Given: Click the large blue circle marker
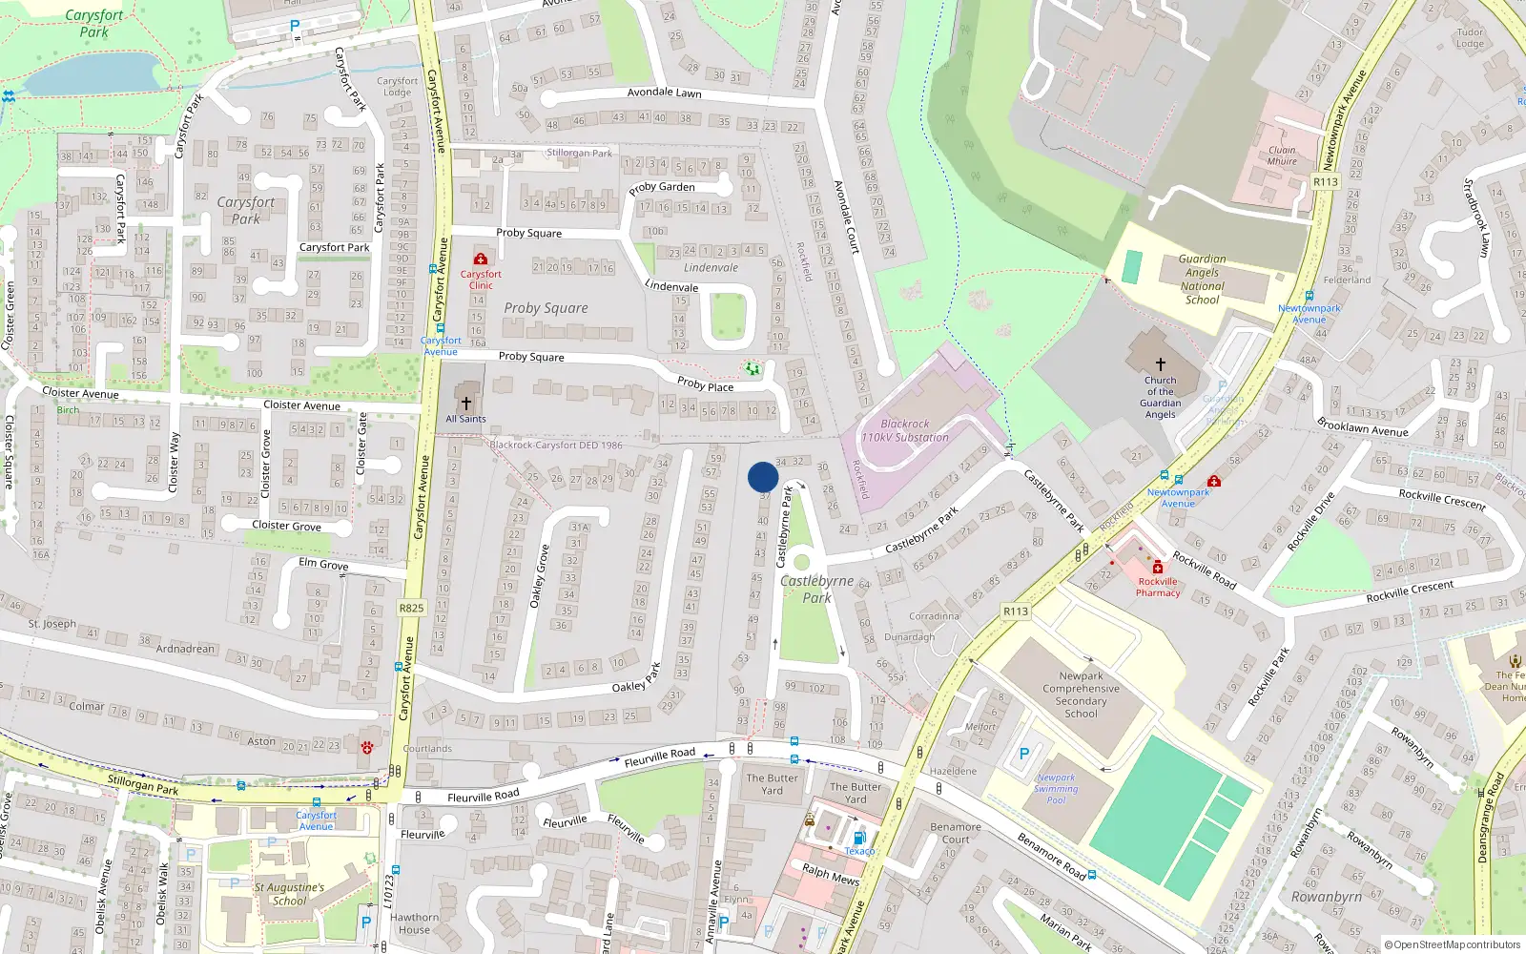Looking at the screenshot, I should (x=763, y=477).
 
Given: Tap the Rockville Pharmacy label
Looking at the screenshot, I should (x=1158, y=587).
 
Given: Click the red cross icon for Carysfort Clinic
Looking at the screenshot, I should (x=481, y=259).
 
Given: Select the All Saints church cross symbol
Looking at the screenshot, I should (x=466, y=404).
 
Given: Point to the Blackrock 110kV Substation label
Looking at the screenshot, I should (x=905, y=430).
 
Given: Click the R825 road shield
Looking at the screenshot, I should (x=412, y=608).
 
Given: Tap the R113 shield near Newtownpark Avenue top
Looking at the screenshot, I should (x=1326, y=181).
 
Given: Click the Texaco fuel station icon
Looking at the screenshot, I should (x=858, y=838).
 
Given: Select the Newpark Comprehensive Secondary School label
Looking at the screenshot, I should (x=1081, y=695).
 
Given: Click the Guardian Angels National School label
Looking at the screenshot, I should (x=1202, y=279).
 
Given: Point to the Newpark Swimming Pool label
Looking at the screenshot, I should (x=1056, y=789).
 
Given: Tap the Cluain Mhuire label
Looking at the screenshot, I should (x=1282, y=156).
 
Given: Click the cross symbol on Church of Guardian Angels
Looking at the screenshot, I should (x=1161, y=364).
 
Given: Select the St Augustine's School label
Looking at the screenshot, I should (x=289, y=894).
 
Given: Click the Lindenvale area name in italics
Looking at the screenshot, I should (x=711, y=268).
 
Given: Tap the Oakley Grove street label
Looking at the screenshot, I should (x=540, y=576).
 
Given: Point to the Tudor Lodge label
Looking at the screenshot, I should (x=1470, y=38).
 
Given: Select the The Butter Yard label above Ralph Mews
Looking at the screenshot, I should (x=856, y=793).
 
